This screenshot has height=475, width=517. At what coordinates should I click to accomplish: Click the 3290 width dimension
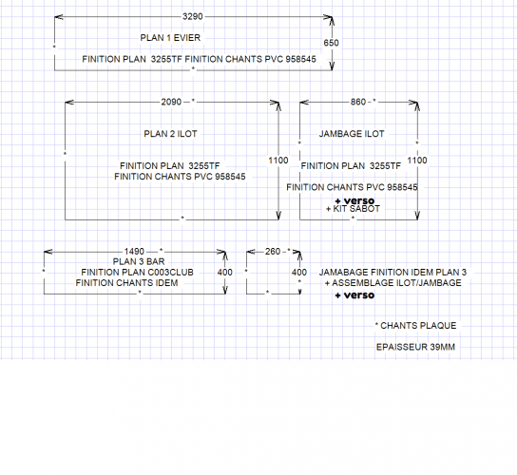point(193,16)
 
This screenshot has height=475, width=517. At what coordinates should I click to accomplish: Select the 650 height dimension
point(331,43)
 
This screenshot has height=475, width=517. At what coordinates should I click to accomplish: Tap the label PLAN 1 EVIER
point(170,38)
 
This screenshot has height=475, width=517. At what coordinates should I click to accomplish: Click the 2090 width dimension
point(171,102)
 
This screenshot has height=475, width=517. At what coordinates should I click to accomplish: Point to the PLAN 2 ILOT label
point(170,134)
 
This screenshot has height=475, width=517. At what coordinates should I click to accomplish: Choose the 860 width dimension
point(358,102)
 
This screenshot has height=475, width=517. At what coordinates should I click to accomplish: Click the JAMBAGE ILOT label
point(352,134)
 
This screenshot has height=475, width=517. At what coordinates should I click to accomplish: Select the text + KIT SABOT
point(353,209)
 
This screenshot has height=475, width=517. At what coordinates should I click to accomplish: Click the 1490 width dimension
point(134,252)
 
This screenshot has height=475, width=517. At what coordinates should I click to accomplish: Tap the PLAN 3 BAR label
point(139,262)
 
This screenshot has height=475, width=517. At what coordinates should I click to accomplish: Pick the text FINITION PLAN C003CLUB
point(137,273)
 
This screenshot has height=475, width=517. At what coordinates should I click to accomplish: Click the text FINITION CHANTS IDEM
point(126,283)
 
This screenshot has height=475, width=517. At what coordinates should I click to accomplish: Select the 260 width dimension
point(273,252)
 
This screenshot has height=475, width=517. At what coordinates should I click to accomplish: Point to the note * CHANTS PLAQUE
point(415,326)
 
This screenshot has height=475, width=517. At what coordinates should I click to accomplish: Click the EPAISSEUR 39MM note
point(415,347)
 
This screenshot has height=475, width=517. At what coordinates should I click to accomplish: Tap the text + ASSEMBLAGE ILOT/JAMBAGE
point(393,283)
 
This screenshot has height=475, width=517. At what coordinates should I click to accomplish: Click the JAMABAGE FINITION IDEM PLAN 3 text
point(393,273)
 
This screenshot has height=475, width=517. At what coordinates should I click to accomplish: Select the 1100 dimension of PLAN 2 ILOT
point(278,161)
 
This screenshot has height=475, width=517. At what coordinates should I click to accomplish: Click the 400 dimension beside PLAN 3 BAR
point(225,273)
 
